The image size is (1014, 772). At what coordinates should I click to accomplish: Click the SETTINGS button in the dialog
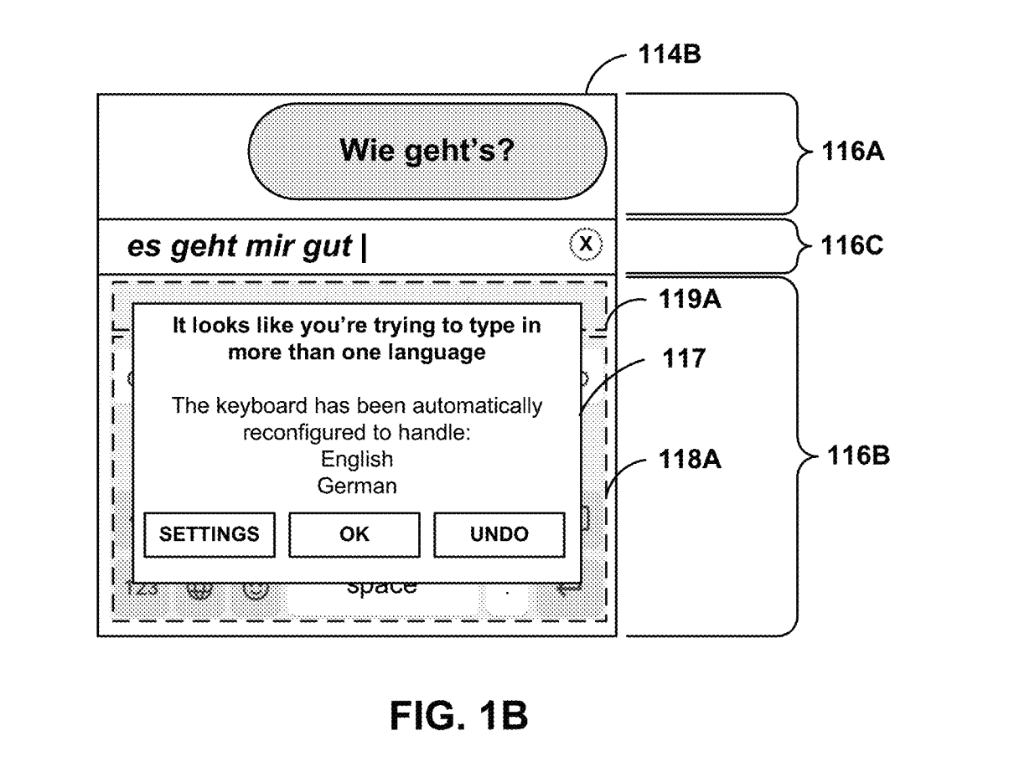210,535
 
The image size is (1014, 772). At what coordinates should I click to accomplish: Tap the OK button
354,535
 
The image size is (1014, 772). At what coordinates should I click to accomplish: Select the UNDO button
499,535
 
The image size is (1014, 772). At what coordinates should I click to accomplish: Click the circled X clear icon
587,244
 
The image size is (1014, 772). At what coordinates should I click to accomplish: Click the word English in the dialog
357,460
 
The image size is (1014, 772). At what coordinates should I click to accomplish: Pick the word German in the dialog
357,486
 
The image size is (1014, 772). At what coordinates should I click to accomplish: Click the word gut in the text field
329,248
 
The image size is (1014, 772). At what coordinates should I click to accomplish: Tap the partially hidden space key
381,588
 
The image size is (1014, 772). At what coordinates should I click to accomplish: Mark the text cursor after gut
363,248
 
